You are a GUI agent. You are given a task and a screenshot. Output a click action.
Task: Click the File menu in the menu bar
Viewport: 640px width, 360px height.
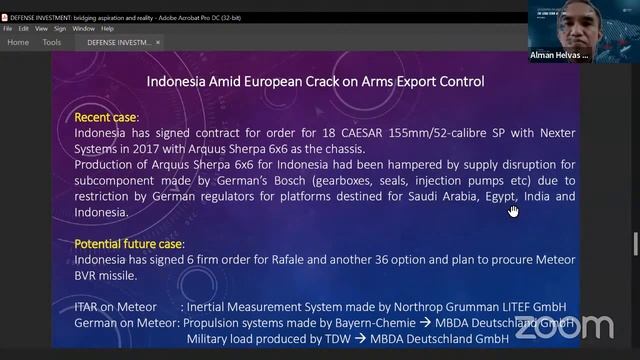tap(8, 28)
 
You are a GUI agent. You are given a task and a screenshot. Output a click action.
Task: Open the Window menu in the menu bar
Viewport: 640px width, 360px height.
tap(83, 28)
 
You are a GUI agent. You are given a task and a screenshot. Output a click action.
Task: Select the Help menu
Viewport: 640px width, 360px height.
tap(107, 28)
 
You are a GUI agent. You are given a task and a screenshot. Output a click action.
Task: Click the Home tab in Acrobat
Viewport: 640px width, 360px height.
tap(18, 43)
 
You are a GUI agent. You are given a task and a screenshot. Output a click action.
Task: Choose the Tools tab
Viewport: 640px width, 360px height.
tap(51, 43)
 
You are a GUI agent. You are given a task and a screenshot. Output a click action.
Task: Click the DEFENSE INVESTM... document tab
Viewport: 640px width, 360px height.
tap(119, 43)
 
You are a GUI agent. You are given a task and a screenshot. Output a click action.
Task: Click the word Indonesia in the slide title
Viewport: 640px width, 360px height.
tap(178, 81)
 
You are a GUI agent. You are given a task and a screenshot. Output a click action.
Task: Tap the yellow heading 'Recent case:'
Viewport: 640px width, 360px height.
tap(106, 118)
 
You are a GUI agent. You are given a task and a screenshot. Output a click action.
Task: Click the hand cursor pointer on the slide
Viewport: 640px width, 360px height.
tap(513, 210)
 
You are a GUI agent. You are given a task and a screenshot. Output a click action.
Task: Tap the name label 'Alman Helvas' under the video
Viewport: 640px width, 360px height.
tap(558, 56)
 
